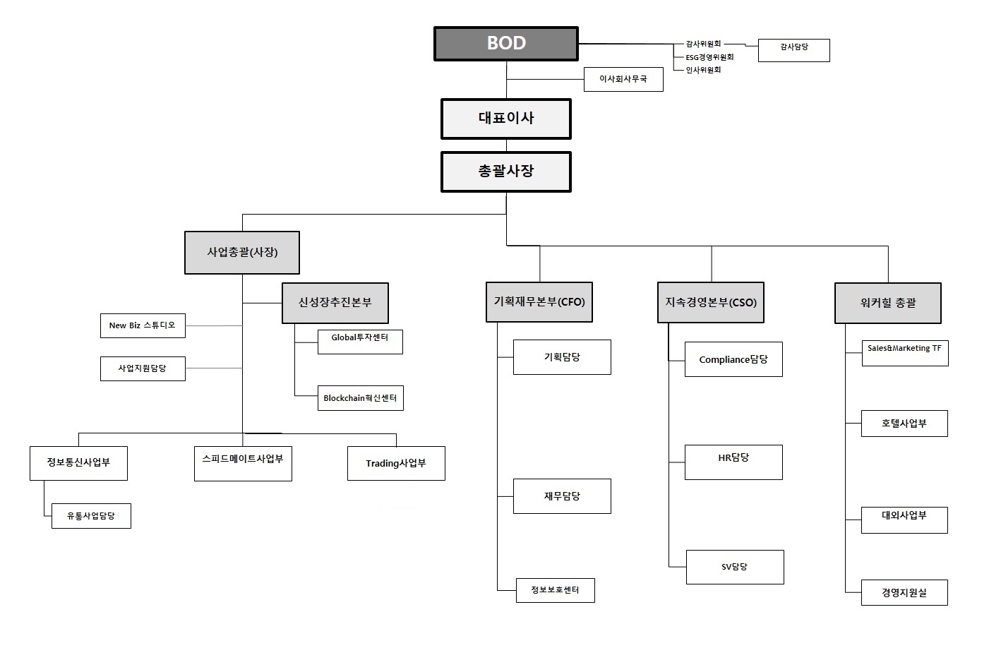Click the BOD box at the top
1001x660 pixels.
[x=505, y=44]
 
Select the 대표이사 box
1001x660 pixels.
[x=505, y=119]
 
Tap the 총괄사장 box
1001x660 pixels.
[x=505, y=172]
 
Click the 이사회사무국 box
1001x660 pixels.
[x=623, y=80]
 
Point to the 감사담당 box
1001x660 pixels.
[x=793, y=50]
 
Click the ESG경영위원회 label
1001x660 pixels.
[x=709, y=57]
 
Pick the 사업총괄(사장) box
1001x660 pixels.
[x=242, y=253]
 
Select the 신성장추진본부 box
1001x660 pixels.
[x=335, y=303]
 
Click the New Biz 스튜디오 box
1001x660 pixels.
[x=143, y=326]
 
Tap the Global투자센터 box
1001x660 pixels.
[x=360, y=342]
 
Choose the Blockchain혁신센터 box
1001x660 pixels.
[x=360, y=399]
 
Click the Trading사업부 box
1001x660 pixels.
[x=396, y=464]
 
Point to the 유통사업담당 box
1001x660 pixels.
[x=91, y=516]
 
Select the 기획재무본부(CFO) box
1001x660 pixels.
[x=539, y=302]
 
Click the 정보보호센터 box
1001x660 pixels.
[x=555, y=590]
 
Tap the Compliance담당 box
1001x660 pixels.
[x=733, y=359]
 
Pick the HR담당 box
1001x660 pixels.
[x=733, y=462]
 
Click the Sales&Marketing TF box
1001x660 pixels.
[x=904, y=353]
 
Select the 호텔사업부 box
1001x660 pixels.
[x=904, y=424]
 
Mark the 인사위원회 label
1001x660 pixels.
[x=703, y=70]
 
